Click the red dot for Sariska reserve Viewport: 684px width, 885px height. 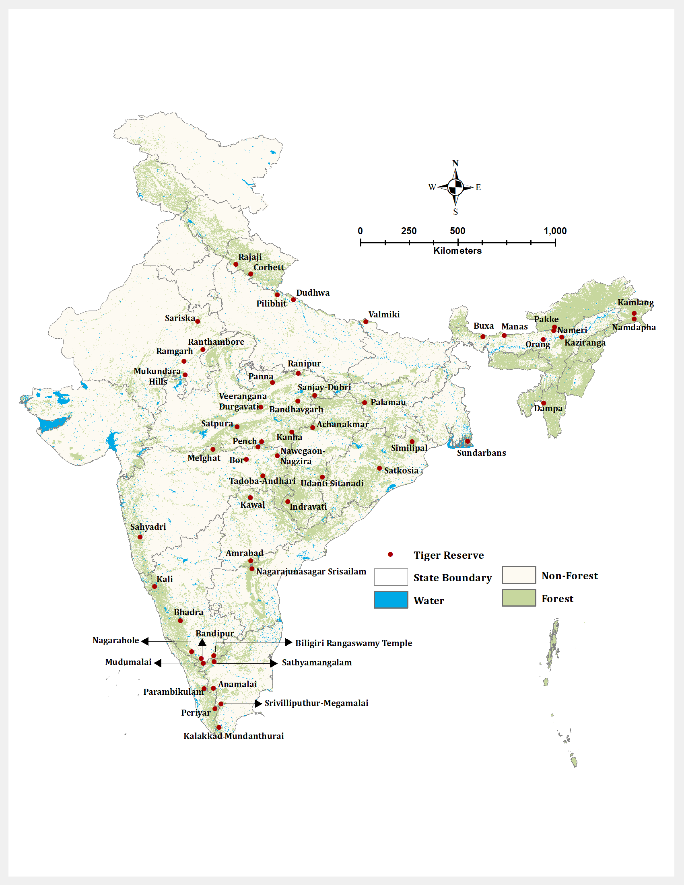point(198,321)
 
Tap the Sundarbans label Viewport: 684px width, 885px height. point(481,453)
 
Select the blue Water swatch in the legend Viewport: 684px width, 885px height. point(391,600)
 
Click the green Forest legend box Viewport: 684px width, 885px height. point(519,598)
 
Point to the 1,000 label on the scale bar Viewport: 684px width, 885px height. point(555,231)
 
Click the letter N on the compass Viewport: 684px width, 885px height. point(455,163)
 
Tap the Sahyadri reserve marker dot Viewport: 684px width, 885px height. point(140,537)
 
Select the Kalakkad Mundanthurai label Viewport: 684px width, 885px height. point(233,736)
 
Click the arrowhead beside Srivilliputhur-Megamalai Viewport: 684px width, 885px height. point(258,704)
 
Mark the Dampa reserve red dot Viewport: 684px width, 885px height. point(544,403)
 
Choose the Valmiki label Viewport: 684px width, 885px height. point(384,315)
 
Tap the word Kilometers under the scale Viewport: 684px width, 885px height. point(457,251)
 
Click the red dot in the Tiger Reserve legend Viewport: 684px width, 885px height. point(390,554)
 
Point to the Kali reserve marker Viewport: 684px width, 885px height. point(155,587)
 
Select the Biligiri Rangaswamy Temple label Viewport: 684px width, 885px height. point(353,643)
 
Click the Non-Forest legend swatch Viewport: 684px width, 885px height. point(519,575)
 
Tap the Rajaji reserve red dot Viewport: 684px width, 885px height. point(236,264)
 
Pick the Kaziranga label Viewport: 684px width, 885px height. point(585,343)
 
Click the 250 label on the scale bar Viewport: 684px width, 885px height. point(408,231)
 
